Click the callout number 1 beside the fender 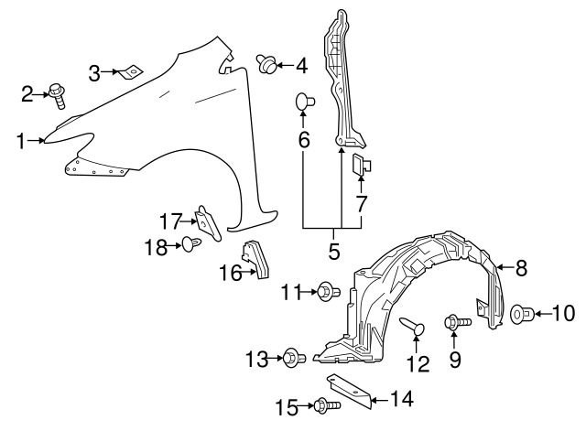point(20,140)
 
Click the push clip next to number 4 point(268,64)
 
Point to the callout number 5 point(334,250)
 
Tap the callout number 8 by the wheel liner point(521,268)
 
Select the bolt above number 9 point(455,322)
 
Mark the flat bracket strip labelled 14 point(348,391)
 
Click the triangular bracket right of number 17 point(207,222)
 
